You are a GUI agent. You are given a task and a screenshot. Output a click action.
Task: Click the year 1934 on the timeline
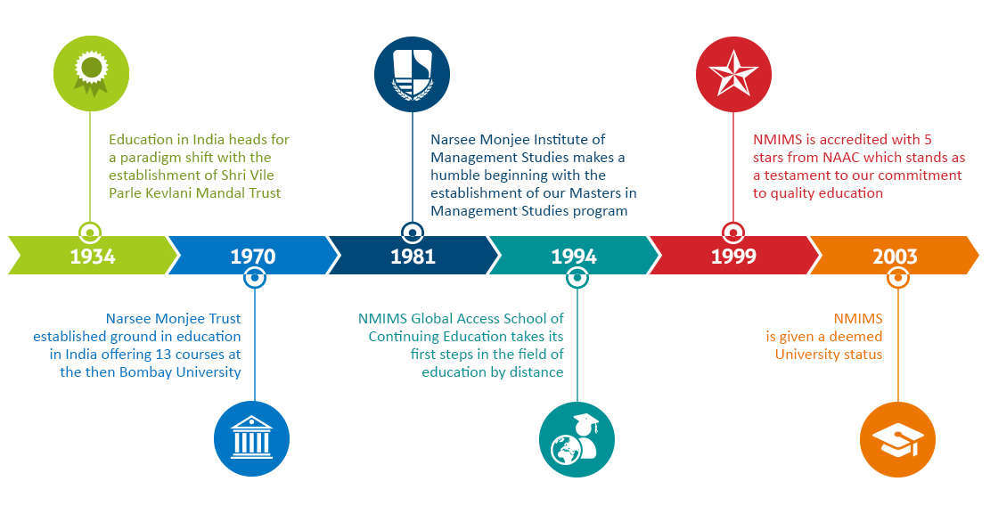[92, 257]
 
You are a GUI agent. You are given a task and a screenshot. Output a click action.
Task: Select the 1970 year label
[252, 257]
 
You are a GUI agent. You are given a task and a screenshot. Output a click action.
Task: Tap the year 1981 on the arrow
[413, 257]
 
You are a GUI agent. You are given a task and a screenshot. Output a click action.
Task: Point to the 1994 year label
[573, 257]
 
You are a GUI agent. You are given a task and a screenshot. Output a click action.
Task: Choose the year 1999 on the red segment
[733, 257]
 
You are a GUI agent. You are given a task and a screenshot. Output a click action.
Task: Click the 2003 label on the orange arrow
[895, 257]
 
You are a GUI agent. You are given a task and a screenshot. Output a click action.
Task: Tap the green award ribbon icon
[91, 73]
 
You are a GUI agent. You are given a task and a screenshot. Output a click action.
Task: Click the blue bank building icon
[252, 439]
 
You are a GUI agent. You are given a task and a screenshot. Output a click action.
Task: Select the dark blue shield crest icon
[413, 74]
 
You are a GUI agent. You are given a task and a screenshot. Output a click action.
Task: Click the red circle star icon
[733, 74]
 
